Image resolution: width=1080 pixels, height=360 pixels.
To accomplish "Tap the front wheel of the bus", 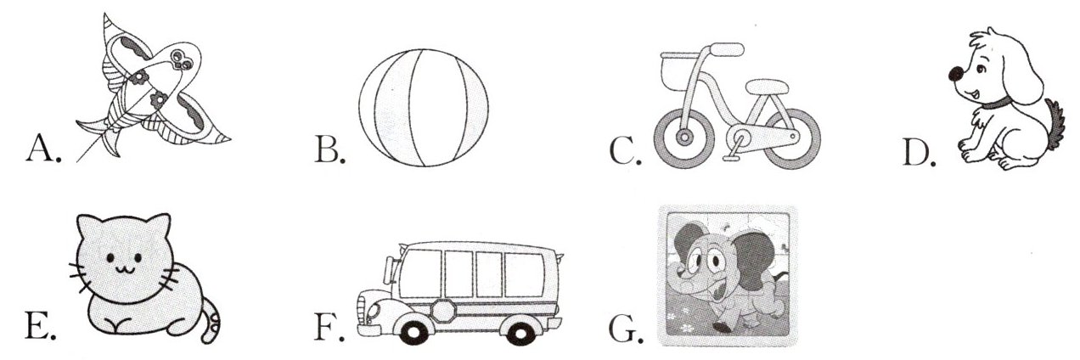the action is [413, 330].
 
